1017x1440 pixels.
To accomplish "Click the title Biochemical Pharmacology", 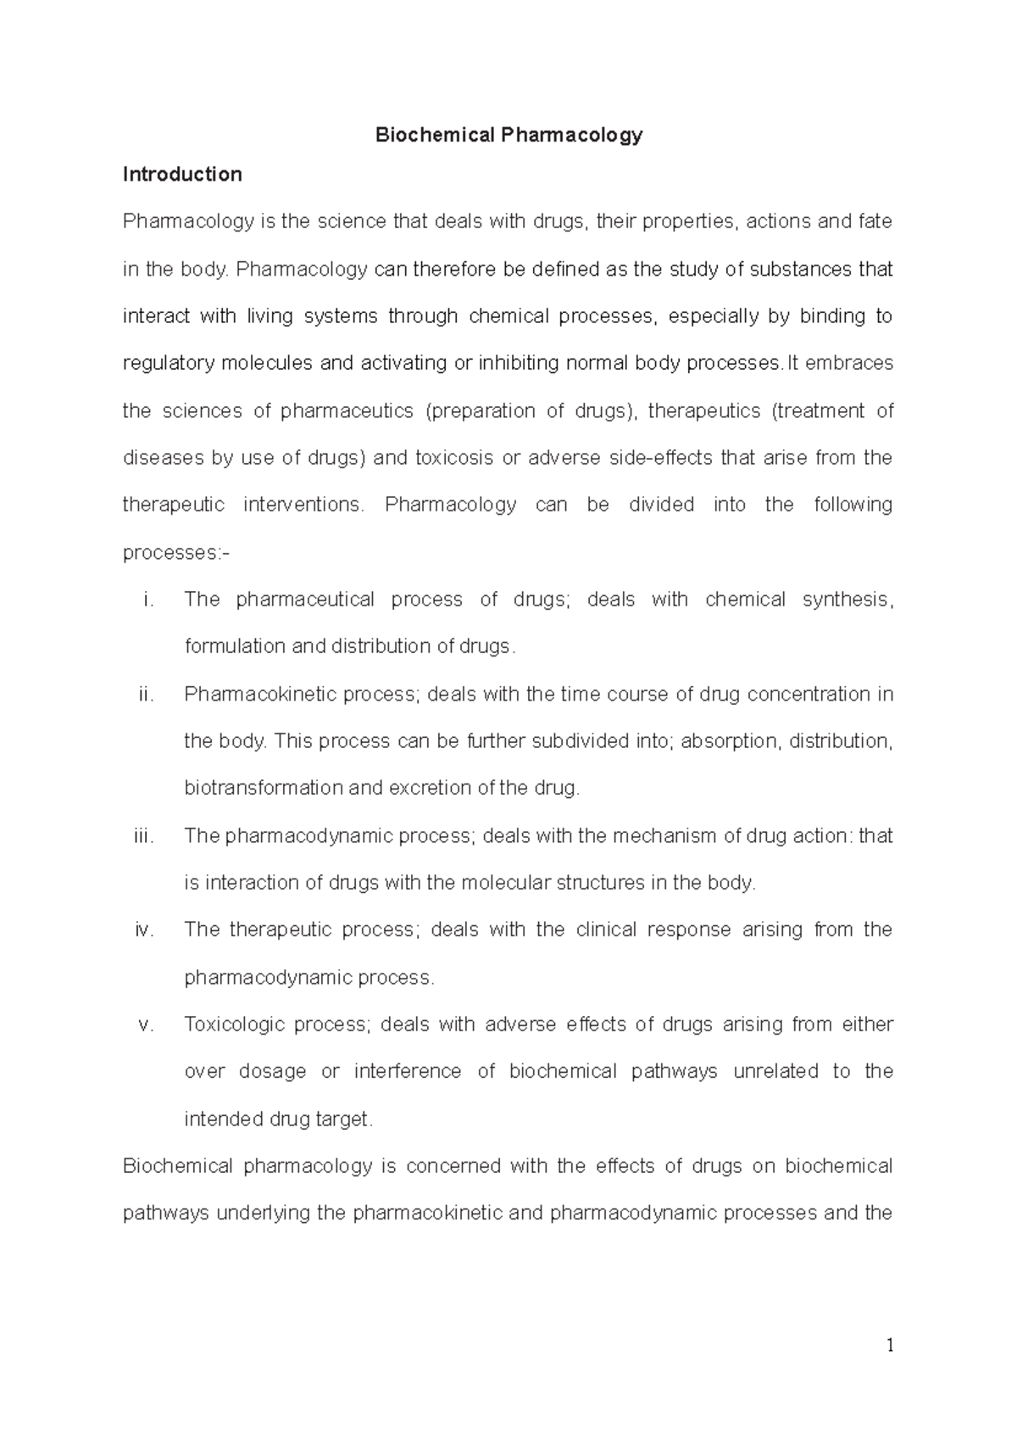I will (509, 135).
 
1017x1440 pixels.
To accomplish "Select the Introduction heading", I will (182, 175).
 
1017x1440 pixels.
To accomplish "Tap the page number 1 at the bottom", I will (890, 1346).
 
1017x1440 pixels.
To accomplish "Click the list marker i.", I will (148, 600).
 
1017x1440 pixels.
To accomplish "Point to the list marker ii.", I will (146, 695).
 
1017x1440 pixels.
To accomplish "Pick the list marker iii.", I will (144, 836).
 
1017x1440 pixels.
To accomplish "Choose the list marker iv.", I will (144, 929).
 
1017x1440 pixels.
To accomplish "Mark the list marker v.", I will (146, 1024).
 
